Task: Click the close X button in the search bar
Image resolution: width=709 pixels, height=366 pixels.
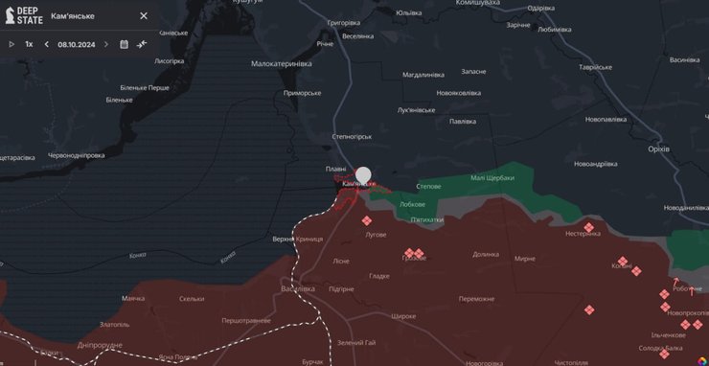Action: [144, 16]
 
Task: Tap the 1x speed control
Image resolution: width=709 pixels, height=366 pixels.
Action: [29, 44]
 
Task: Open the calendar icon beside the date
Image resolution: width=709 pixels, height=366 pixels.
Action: [124, 44]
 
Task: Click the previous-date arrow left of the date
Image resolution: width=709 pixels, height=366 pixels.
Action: [46, 44]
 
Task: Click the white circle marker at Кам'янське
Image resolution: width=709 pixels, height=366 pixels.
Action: [363, 174]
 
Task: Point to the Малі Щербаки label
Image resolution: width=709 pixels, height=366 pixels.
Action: [492, 177]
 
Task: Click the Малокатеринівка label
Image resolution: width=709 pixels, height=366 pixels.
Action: [281, 63]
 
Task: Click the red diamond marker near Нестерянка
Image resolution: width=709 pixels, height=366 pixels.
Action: [589, 227]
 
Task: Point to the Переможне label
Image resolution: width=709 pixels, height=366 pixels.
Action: [476, 299]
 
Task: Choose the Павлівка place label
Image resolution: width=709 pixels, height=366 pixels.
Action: [463, 122]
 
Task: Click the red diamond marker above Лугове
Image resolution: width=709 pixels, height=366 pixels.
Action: [367, 220]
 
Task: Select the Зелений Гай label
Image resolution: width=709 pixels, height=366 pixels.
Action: [355, 343]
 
